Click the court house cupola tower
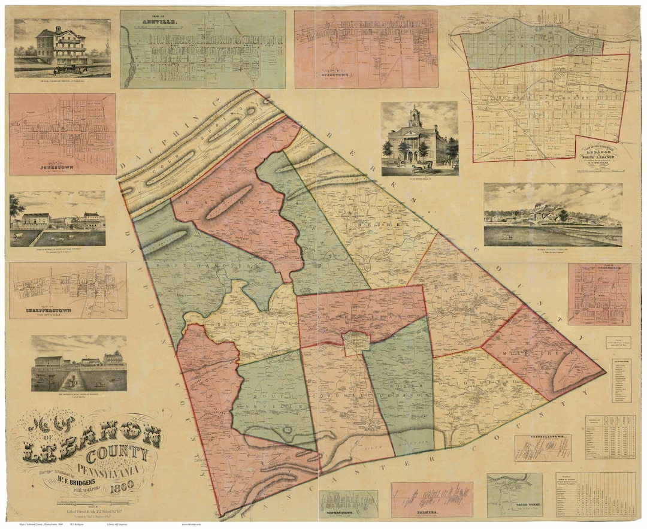tap(415, 116)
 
